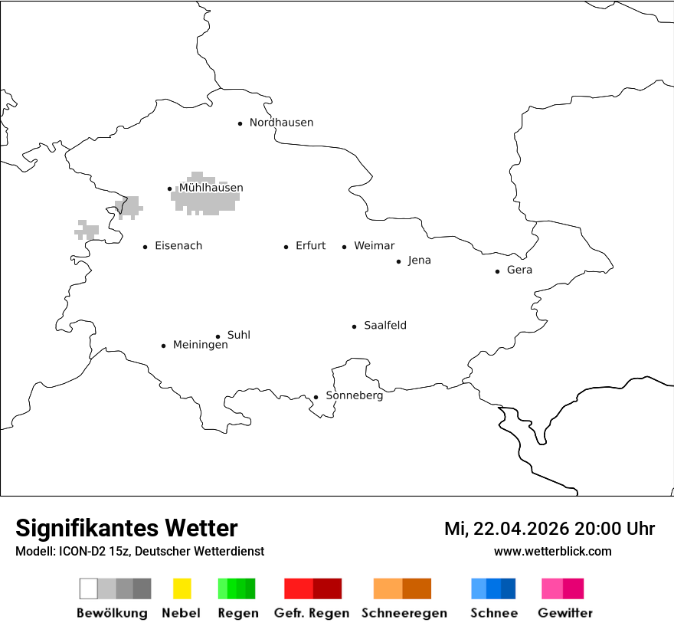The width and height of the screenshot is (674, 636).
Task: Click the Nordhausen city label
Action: tap(281, 123)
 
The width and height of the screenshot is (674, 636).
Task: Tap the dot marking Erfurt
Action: tap(286, 247)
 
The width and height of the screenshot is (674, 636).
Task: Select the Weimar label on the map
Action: tap(374, 246)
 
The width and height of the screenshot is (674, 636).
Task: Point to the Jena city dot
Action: tap(398, 261)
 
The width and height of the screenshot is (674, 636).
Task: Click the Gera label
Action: tap(519, 270)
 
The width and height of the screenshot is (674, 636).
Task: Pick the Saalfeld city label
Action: tap(384, 326)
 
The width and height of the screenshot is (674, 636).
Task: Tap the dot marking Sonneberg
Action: tap(316, 397)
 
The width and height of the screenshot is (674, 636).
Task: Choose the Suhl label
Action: tap(238, 336)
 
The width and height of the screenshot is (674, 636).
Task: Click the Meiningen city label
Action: tap(200, 346)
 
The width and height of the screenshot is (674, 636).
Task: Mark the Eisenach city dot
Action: tap(145, 247)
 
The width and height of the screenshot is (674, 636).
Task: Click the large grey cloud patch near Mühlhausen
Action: tap(205, 201)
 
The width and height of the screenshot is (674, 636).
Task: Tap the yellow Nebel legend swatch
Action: tap(182, 588)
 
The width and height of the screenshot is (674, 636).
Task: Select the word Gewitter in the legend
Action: tap(565, 613)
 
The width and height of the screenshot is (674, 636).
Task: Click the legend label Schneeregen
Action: tap(404, 613)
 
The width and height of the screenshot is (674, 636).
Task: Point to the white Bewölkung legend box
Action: tap(88, 588)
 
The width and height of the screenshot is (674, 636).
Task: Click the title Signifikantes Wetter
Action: tap(126, 528)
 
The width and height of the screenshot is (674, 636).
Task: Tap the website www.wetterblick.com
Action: tap(552, 551)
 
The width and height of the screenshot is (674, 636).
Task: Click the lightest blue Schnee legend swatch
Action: tap(479, 588)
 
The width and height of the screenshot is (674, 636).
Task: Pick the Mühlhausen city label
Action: tap(211, 188)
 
